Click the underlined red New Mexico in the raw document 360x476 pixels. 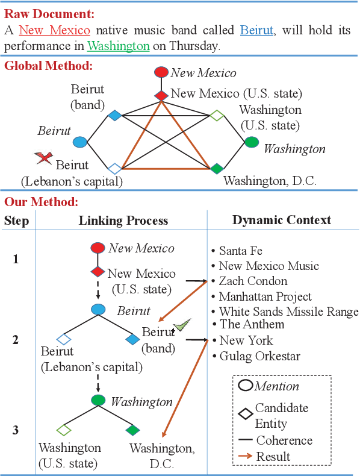[x=55, y=30]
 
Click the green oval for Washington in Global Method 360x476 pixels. [x=252, y=142]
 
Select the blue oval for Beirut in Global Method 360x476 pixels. [x=79, y=142]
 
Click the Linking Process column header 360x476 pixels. [x=123, y=221]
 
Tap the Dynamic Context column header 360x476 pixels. [x=282, y=220]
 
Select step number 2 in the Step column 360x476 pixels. [x=16, y=340]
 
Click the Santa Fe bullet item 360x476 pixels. [x=240, y=251]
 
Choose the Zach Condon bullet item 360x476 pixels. [x=253, y=281]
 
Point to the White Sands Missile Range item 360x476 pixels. [x=288, y=312]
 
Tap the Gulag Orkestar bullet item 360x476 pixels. [x=259, y=355]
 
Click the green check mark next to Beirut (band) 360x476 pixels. [x=182, y=326]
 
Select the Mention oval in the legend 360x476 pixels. [x=246, y=386]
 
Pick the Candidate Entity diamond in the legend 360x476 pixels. [x=246, y=415]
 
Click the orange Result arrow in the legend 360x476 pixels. [x=246, y=456]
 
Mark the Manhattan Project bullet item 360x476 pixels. [x=265, y=296]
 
